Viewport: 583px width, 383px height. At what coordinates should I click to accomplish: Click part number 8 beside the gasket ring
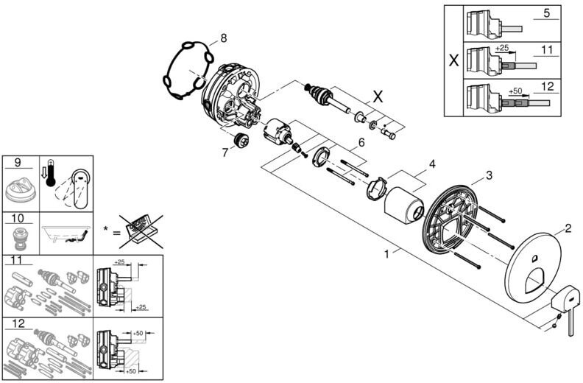[x=223, y=38]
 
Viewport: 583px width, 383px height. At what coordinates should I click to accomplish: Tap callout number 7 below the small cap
[x=225, y=152]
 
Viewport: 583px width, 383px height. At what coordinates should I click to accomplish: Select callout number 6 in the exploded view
[x=361, y=142]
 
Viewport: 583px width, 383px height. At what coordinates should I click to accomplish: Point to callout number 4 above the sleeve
[x=431, y=164]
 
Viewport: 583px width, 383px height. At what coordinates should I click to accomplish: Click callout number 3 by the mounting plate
[x=489, y=175]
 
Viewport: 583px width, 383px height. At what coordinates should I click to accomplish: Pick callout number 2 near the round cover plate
[x=568, y=228]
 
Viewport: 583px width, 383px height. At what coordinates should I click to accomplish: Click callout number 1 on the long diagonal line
[x=386, y=254]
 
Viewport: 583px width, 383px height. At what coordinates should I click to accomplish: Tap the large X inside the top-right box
[x=453, y=60]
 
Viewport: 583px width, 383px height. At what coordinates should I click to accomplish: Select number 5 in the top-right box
[x=546, y=13]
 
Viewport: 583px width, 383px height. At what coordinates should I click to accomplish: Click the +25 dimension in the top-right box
[x=501, y=48]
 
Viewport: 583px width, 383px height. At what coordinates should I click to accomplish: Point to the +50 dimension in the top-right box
[x=516, y=91]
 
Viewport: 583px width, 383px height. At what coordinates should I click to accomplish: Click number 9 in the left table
[x=18, y=163]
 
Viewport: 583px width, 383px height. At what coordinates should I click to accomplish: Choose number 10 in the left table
[x=18, y=218]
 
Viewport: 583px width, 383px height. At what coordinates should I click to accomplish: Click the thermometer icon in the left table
[x=50, y=173]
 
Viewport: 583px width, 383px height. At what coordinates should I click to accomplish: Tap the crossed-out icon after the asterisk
[x=141, y=231]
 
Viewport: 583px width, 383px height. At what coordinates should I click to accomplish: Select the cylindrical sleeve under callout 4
[x=403, y=206]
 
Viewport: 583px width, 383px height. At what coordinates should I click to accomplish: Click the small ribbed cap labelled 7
[x=241, y=141]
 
